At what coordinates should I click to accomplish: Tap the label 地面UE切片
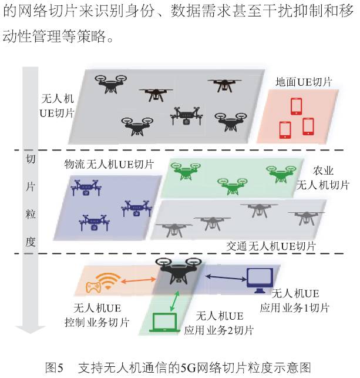(304, 82)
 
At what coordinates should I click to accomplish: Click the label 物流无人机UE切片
(109, 164)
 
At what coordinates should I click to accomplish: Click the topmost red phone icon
(295, 106)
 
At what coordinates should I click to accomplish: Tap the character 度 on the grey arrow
(31, 242)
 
